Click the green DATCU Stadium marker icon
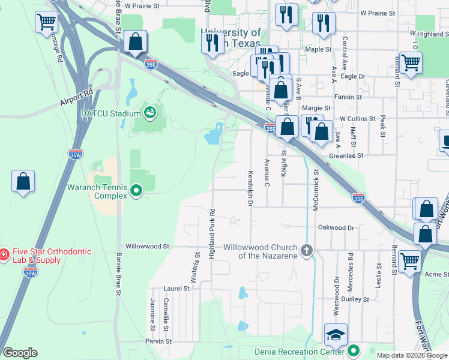(x=149, y=112)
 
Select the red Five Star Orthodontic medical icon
(x=4, y=255)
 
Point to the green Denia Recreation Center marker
(x=355, y=350)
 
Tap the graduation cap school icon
(x=336, y=334)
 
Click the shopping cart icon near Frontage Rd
(x=47, y=23)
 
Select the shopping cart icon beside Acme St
(x=410, y=261)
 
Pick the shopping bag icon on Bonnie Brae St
(x=136, y=42)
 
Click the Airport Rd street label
(x=76, y=98)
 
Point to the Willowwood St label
(x=148, y=246)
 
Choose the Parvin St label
(x=158, y=341)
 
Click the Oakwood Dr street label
(x=340, y=227)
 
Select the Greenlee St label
(x=346, y=155)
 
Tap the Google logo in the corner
(x=20, y=353)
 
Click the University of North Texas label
(x=231, y=38)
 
